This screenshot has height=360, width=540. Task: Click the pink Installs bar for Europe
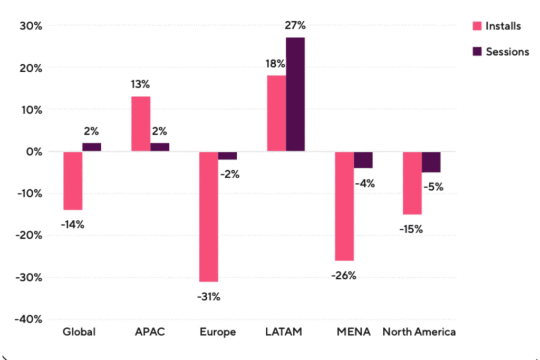pos(209,217)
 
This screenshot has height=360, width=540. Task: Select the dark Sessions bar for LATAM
pos(295,94)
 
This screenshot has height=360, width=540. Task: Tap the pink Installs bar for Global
pos(73,181)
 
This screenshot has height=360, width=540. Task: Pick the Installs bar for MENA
pos(344,206)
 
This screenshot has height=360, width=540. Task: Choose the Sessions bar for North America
pos(431,162)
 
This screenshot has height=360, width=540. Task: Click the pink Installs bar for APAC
pos(141,124)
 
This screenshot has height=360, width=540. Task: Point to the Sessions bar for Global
pos(92,147)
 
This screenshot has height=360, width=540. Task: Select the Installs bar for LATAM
pos(276,113)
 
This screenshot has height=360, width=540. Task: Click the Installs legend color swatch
pos(477,26)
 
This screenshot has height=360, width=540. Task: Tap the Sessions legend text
pos(507,52)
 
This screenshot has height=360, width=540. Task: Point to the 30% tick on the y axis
pos(31,26)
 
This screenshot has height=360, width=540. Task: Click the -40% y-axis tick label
pos(28,319)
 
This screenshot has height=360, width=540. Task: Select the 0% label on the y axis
pos(34,151)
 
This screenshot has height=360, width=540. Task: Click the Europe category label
pos(218,332)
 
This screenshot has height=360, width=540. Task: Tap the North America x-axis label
pos(419,332)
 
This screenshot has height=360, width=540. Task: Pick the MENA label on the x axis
pos(353,332)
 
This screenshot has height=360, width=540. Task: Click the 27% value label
pos(295,25)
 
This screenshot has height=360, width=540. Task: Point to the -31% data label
pos(209,296)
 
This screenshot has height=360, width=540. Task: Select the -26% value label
pos(344,275)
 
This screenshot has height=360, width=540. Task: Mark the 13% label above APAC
pos(140,84)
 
